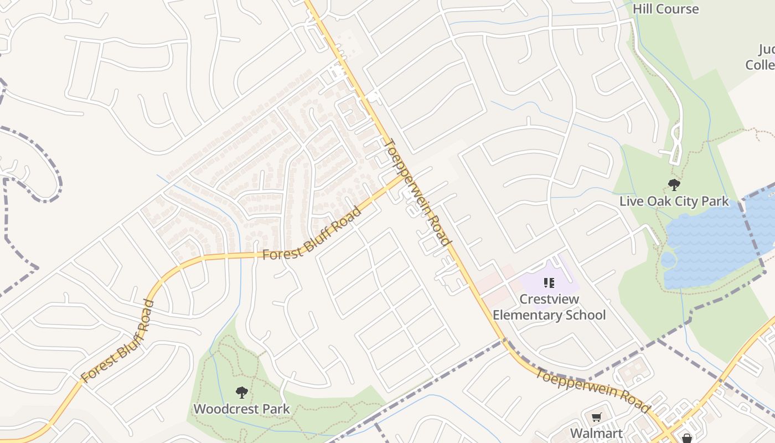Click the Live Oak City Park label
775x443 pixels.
[674, 201]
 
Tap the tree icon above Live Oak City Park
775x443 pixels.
[674, 185]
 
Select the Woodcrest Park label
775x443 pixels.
[241, 410]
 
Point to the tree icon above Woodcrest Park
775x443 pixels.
[241, 393]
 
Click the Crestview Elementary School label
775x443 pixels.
[549, 307]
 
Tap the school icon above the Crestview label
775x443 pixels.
[549, 284]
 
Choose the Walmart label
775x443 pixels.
[596, 433]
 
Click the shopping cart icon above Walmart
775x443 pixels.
[596, 418]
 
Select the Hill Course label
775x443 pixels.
[665, 9]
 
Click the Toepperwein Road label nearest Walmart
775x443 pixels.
[592, 391]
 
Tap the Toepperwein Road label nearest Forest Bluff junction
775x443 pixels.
[417, 192]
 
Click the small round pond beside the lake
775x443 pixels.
[668, 260]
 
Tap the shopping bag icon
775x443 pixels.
[687, 439]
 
